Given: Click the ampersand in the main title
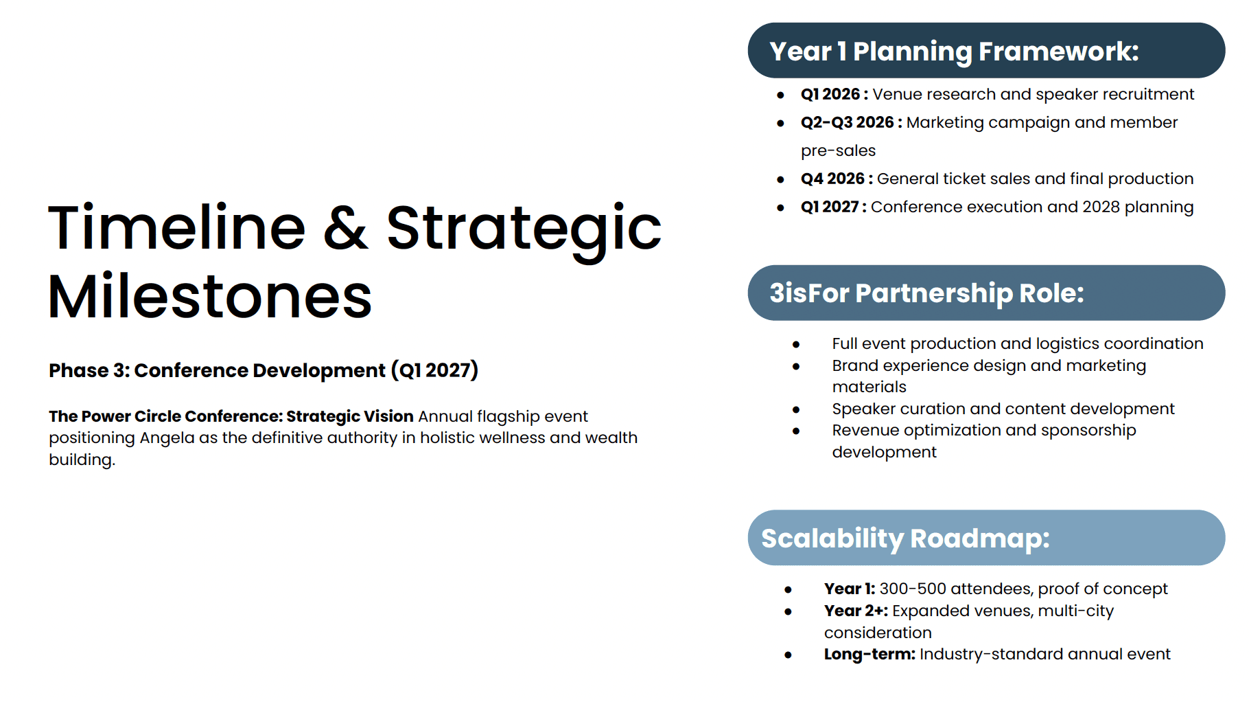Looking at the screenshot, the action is tap(345, 228).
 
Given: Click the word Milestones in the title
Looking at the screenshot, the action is tap(210, 297).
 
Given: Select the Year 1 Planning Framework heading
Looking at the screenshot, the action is tap(954, 52).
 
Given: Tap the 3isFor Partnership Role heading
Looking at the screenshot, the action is tap(926, 293).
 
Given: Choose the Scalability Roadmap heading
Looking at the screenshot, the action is tap(905, 539).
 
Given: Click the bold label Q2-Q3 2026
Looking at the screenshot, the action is tap(847, 122).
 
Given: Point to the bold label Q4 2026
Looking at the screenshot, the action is tap(832, 179).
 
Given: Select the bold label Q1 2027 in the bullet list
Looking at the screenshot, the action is tap(830, 207).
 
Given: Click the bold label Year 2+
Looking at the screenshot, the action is tap(856, 611).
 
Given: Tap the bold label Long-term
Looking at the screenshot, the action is tap(869, 654).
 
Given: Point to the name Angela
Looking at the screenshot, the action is tap(167, 438).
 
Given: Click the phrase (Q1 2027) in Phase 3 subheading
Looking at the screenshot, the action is tap(434, 370).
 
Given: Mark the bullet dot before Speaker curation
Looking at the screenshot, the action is tap(796, 410).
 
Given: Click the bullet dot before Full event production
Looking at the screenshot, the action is tap(796, 345).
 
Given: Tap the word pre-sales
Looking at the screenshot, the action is tap(839, 151).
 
